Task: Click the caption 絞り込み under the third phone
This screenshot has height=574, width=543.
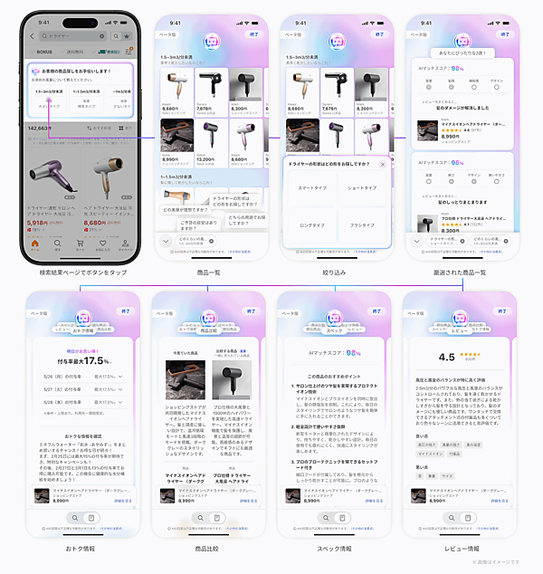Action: [336, 273]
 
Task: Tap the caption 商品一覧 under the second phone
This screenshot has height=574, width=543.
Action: [209, 273]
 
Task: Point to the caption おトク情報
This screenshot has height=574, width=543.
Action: [82, 548]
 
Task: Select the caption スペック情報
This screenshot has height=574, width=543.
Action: [336, 548]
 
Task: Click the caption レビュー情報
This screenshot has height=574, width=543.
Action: [462, 548]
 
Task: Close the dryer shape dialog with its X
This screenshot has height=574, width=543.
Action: [382, 164]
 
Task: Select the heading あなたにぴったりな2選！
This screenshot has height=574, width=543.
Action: [462, 53]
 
